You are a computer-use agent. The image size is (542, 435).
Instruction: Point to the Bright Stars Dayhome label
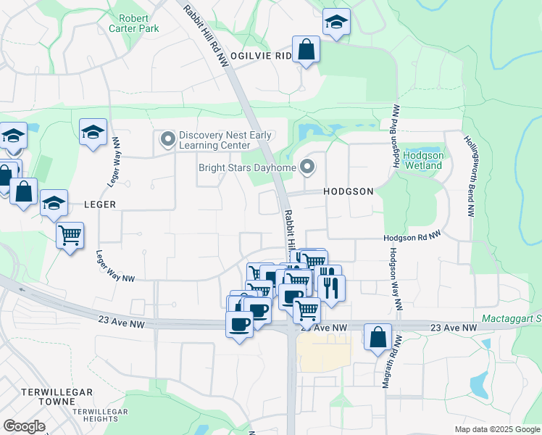click(248, 168)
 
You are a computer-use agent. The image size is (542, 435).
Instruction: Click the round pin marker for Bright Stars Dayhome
click(307, 167)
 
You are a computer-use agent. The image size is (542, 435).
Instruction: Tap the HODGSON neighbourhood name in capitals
click(349, 191)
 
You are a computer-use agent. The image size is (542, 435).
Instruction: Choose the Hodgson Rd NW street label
click(412, 237)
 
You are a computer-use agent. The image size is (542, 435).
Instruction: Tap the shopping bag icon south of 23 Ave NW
click(378, 337)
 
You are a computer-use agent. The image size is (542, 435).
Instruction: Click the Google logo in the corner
click(24, 426)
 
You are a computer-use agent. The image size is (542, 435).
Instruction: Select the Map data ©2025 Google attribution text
click(497, 429)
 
